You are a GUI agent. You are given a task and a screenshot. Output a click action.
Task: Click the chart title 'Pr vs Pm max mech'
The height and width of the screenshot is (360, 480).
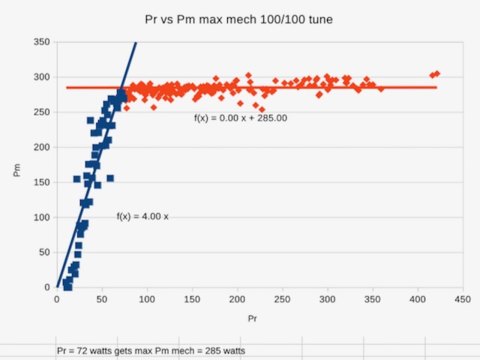[x=239, y=19]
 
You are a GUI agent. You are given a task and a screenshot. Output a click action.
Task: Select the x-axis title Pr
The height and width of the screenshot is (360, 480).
[x=253, y=319]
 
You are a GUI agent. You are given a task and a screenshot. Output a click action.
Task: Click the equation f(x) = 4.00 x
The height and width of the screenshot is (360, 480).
[x=142, y=217]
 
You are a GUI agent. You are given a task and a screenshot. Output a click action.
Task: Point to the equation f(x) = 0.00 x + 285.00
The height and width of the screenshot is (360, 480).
[x=241, y=118]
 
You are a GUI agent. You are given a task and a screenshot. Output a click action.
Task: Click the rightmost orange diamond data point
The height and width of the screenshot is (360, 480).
[x=437, y=73]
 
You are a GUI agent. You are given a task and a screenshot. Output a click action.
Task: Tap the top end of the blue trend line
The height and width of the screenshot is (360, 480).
[x=136, y=43]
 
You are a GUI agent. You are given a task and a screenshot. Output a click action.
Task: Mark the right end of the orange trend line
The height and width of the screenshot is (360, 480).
[x=436, y=88]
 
